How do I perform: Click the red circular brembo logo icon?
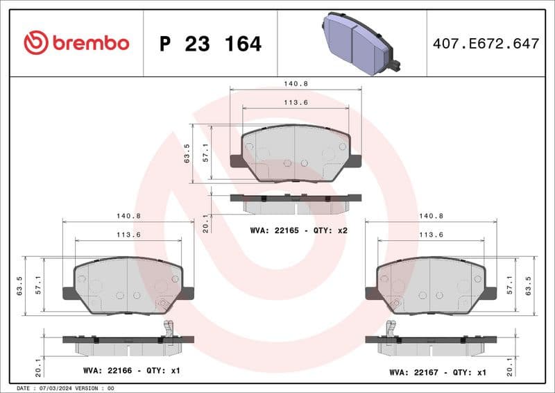(35, 43)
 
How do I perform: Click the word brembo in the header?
(90, 43)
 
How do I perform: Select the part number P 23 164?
(210, 44)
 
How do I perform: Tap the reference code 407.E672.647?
(486, 44)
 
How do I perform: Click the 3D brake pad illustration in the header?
(359, 42)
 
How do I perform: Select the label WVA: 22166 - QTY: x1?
(131, 371)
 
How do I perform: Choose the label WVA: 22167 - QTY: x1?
(437, 372)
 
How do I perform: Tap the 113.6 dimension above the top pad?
(296, 103)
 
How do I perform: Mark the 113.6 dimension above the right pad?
(431, 235)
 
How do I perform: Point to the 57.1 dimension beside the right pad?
(510, 283)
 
